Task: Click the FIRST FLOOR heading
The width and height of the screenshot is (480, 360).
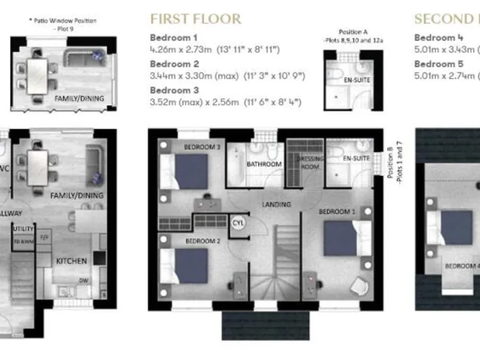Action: point(196,19)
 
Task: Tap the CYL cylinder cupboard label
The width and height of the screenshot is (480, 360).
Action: point(239,223)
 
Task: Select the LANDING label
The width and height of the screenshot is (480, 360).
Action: point(276,204)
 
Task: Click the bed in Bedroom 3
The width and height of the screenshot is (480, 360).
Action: point(189,171)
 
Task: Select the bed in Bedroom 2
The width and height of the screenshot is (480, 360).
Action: point(189,266)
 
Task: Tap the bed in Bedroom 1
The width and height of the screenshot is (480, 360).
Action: point(341,238)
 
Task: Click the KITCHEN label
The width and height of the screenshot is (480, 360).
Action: point(72,261)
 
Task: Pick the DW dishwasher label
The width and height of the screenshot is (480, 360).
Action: point(83,280)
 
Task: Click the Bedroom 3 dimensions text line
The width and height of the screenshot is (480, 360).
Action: point(226,102)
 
